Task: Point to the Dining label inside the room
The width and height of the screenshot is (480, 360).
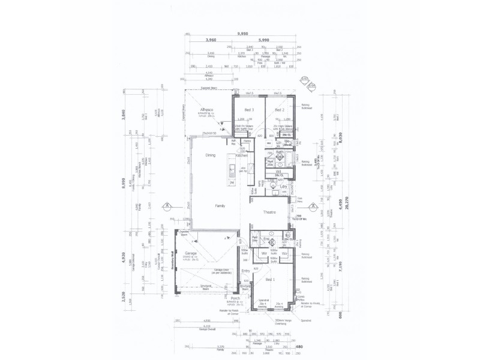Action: point(211,155)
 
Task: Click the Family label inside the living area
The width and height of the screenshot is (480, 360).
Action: point(220,205)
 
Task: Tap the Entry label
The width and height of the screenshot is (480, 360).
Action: point(246,271)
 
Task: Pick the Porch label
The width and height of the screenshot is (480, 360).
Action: point(235,298)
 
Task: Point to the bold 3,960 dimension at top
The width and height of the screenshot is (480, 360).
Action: point(210,40)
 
